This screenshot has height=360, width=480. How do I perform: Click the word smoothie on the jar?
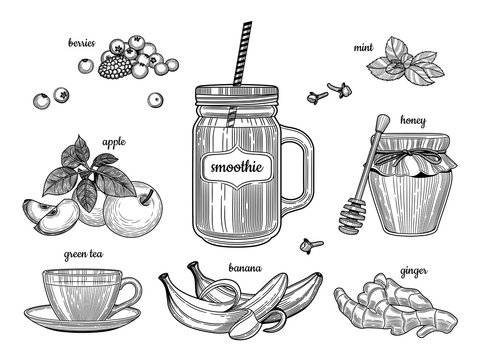pyautogui.click(x=237, y=167)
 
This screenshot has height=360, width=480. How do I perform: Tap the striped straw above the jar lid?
pyautogui.click(x=243, y=53)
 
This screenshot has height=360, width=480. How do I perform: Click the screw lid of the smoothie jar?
pyautogui.click(x=236, y=95)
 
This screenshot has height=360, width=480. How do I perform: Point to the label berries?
pyautogui.click(x=82, y=43)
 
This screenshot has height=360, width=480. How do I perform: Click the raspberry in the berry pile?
pyautogui.click(x=115, y=67)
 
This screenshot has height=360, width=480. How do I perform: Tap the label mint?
pyautogui.click(x=363, y=48)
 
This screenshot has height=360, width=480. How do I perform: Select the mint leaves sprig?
pyautogui.click(x=405, y=61)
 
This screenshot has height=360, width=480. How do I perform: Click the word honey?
pyautogui.click(x=413, y=121)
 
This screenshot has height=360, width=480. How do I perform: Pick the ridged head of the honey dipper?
pyautogui.click(x=352, y=216)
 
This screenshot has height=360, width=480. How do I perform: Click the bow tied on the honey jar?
pyautogui.click(x=412, y=158)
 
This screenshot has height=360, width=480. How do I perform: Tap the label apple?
pyautogui.click(x=114, y=143)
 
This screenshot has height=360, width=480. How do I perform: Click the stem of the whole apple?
pyautogui.click(x=146, y=197)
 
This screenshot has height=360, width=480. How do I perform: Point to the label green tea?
pyautogui.click(x=83, y=255)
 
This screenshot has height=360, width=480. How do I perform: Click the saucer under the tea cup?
pyautogui.click(x=82, y=321)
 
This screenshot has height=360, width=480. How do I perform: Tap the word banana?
pyautogui.click(x=245, y=268)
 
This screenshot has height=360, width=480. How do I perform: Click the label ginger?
pyautogui.click(x=414, y=272)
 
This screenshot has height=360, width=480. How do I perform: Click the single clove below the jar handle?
pyautogui.click(x=311, y=246)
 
